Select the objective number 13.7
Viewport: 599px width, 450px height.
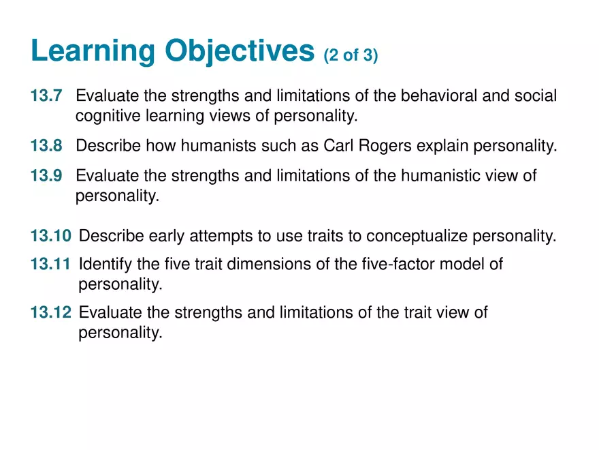pos(46,96)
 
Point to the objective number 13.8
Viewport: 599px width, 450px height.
pos(46,146)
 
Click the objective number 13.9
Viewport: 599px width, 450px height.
pos(46,177)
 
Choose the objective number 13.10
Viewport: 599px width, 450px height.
pos(50,237)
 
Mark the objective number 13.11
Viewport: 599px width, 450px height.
pos(50,264)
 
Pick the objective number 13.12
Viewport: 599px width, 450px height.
pos(50,313)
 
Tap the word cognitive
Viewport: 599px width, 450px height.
pos(108,117)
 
